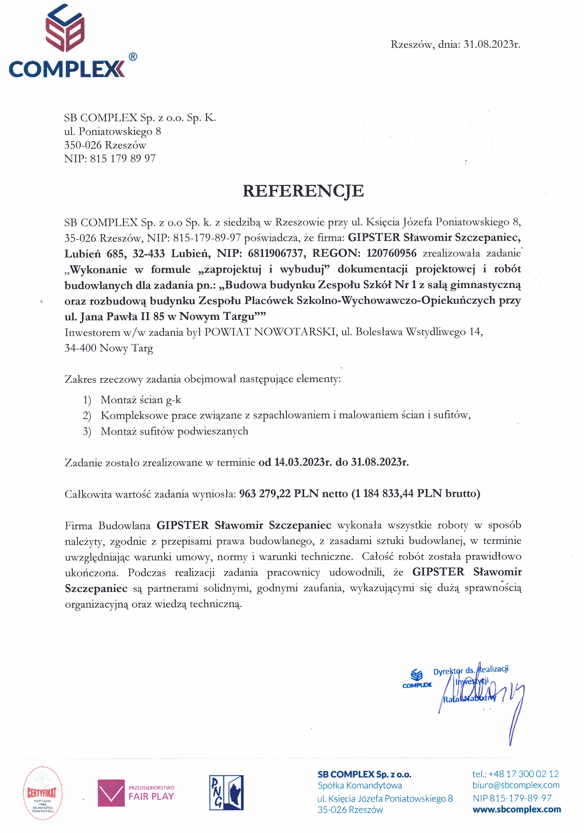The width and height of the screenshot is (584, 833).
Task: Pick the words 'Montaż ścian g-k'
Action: [140, 400]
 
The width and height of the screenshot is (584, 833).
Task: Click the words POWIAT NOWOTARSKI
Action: [269, 332]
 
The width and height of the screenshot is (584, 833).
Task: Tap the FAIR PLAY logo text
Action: [151, 797]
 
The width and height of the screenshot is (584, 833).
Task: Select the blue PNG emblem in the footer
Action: [226, 793]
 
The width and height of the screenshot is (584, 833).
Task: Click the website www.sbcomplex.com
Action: [517, 809]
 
